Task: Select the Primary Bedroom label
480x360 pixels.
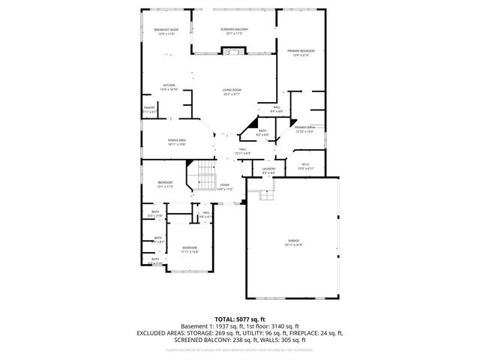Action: (301, 51)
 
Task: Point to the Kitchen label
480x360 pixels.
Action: (169, 85)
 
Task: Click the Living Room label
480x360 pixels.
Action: (231, 90)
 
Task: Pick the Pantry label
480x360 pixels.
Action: (149, 107)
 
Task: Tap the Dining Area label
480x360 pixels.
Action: (177, 140)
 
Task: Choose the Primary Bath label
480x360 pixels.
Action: (304, 127)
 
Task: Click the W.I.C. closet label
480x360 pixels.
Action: (305, 164)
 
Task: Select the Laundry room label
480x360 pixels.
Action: (268, 169)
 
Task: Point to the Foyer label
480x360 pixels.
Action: (224, 184)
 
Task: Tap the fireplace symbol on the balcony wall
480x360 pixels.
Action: (232, 51)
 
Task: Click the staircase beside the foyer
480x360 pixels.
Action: (203, 180)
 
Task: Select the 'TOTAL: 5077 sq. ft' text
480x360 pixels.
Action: (239, 319)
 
